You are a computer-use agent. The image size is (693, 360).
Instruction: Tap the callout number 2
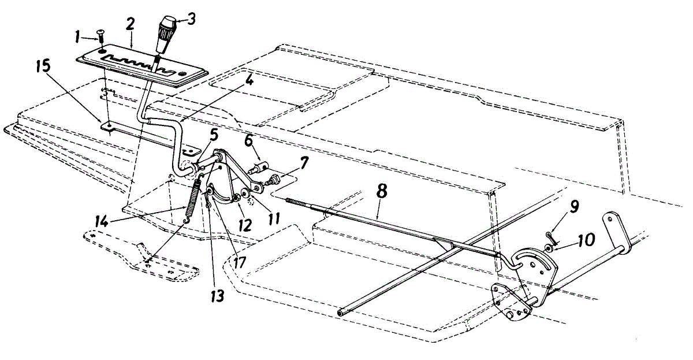[x=131, y=24]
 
